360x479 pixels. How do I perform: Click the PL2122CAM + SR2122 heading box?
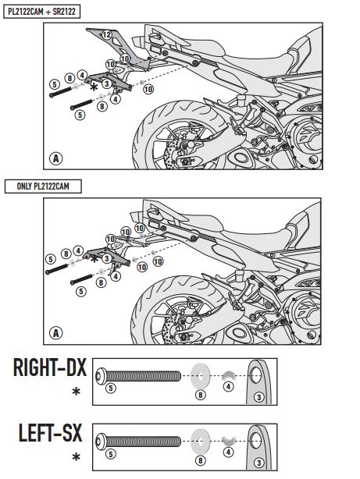(x=41, y=12)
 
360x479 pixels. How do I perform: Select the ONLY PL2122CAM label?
(x=43, y=186)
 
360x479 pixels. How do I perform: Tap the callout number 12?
(x=106, y=35)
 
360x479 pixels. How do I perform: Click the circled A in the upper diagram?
(x=56, y=158)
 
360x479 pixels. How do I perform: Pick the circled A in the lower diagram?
(x=56, y=332)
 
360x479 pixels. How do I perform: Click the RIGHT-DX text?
(x=50, y=367)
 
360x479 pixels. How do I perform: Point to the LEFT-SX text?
(x=51, y=432)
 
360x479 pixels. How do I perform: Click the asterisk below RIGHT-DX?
(x=77, y=392)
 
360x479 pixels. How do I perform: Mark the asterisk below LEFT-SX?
(x=77, y=457)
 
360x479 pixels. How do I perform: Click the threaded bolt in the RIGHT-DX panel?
(x=138, y=375)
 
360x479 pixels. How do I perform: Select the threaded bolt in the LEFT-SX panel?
(x=138, y=441)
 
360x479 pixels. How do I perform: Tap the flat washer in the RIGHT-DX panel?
(x=200, y=376)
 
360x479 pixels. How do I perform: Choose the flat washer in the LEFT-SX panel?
(x=200, y=442)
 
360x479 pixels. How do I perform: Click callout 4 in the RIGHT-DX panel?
(x=229, y=387)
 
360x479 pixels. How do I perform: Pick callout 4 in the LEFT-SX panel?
(x=229, y=452)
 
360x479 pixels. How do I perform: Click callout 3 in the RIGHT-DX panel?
(x=259, y=397)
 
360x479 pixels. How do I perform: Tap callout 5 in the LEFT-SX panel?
(x=111, y=454)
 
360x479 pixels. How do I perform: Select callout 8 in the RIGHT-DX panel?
(x=201, y=395)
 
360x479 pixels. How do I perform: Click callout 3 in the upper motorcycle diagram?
(x=106, y=83)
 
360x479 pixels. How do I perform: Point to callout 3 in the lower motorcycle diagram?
(x=106, y=258)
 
